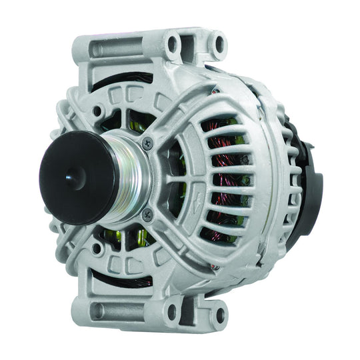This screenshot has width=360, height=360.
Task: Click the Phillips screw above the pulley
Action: coord(147,141)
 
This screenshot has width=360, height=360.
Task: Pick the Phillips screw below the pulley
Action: coord(148,215)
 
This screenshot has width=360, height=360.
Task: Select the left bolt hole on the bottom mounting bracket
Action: coord(173,309)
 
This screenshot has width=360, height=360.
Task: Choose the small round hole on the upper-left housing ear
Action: coord(98,111)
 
